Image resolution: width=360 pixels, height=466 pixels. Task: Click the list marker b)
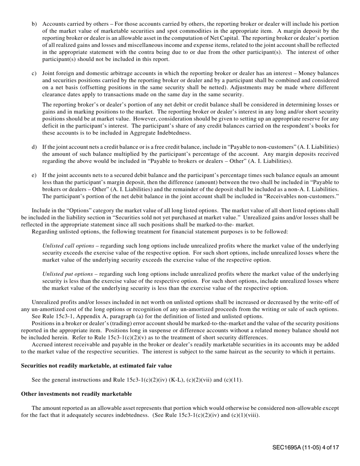pyautogui.click(x=34, y=24)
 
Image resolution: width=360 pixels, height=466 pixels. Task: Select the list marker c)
pyautogui.click(x=34, y=73)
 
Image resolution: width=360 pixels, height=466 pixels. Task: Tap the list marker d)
pyautogui.click(x=34, y=147)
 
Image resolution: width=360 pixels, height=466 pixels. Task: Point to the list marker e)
pyautogui.click(x=34, y=175)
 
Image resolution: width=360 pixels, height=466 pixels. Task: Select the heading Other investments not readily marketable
pyautogui.click(x=77, y=394)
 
